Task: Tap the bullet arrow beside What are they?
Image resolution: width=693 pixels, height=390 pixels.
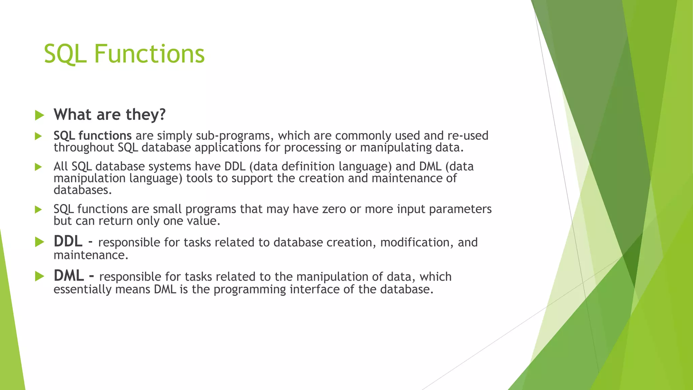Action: (x=39, y=115)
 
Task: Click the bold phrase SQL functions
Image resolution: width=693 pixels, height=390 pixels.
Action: (x=92, y=136)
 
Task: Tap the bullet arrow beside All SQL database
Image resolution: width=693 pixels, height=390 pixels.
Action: (x=38, y=167)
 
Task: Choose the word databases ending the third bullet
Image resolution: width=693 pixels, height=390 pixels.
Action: (x=82, y=190)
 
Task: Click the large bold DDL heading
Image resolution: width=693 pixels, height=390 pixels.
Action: (x=68, y=241)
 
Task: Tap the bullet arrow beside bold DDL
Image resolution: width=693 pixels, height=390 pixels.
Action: (x=39, y=242)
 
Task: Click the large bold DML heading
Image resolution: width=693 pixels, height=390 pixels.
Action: (x=69, y=276)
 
